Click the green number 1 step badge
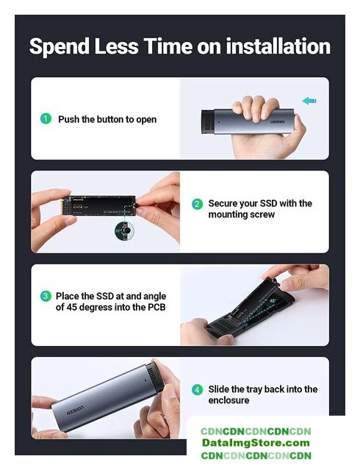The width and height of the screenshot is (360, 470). (46, 119)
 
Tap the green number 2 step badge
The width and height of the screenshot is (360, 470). (197, 204)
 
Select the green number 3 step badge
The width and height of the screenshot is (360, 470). (46, 296)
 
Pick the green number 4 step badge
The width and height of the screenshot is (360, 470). (197, 390)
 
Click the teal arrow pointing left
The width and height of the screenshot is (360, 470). (309, 101)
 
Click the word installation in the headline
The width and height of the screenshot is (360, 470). (278, 46)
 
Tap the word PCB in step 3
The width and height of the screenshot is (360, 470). (156, 307)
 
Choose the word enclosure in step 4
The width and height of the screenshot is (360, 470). (228, 400)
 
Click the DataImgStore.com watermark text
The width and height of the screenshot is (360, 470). (256, 443)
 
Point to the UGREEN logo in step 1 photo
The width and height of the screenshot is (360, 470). (278, 122)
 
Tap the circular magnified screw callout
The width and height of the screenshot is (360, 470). (124, 231)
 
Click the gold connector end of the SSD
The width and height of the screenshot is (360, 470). (62, 206)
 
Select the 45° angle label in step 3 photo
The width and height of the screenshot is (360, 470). (273, 300)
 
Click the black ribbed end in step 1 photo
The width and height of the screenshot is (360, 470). (207, 122)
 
